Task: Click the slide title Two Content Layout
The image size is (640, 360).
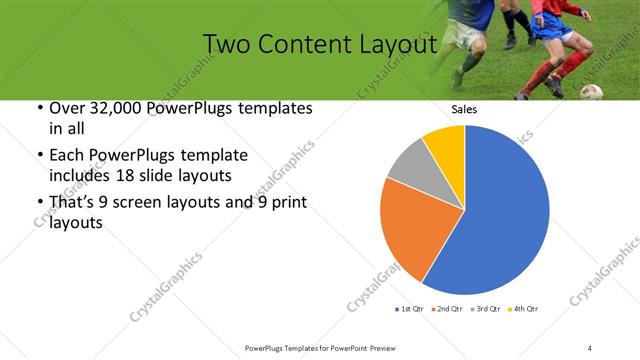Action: pos(319,46)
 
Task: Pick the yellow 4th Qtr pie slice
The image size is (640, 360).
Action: pos(446,145)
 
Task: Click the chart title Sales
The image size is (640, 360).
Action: pos(464,109)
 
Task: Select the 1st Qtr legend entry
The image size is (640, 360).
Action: pos(412,308)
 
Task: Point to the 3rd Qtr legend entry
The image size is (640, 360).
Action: pos(486,308)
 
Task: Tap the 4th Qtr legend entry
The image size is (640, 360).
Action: pos(523,308)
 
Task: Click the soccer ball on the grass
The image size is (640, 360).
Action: pos(591,91)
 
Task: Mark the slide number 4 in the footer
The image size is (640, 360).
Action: pos(590,347)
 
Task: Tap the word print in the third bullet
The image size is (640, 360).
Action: pos(285,203)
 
